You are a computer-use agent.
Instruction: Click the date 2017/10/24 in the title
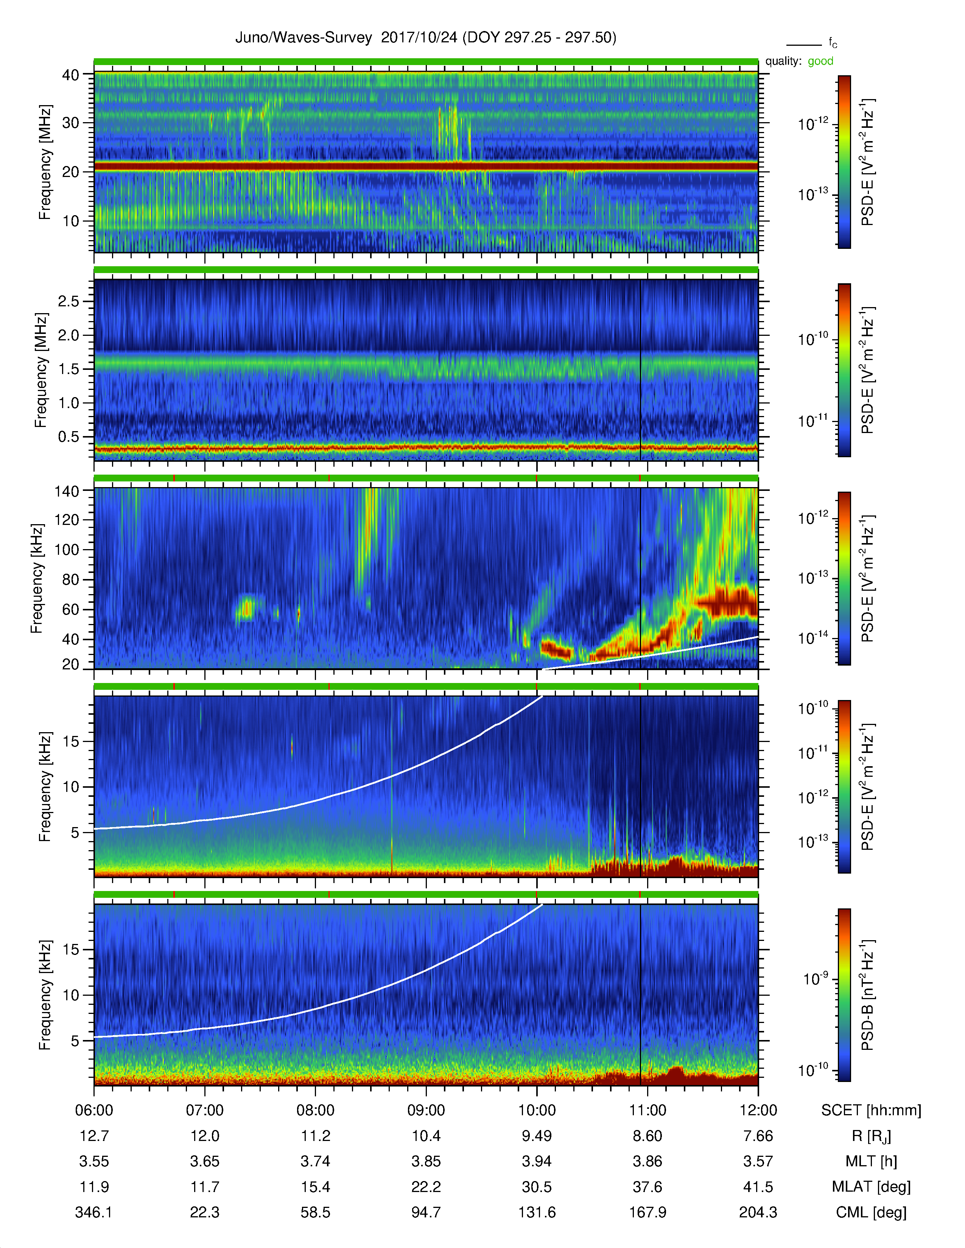coord(419,38)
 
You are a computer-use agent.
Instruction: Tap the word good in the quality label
coord(820,61)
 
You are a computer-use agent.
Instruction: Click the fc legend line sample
coord(804,45)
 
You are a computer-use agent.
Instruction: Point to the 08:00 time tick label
coord(316,1110)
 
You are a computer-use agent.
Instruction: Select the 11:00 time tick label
coord(648,1110)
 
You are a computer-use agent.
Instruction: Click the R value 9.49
coord(537,1136)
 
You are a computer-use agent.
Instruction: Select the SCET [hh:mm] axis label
coord(871,1111)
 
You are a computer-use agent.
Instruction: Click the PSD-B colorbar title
coord(868,995)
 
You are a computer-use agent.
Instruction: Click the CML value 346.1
coord(94,1212)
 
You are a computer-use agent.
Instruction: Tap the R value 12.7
coord(94,1136)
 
